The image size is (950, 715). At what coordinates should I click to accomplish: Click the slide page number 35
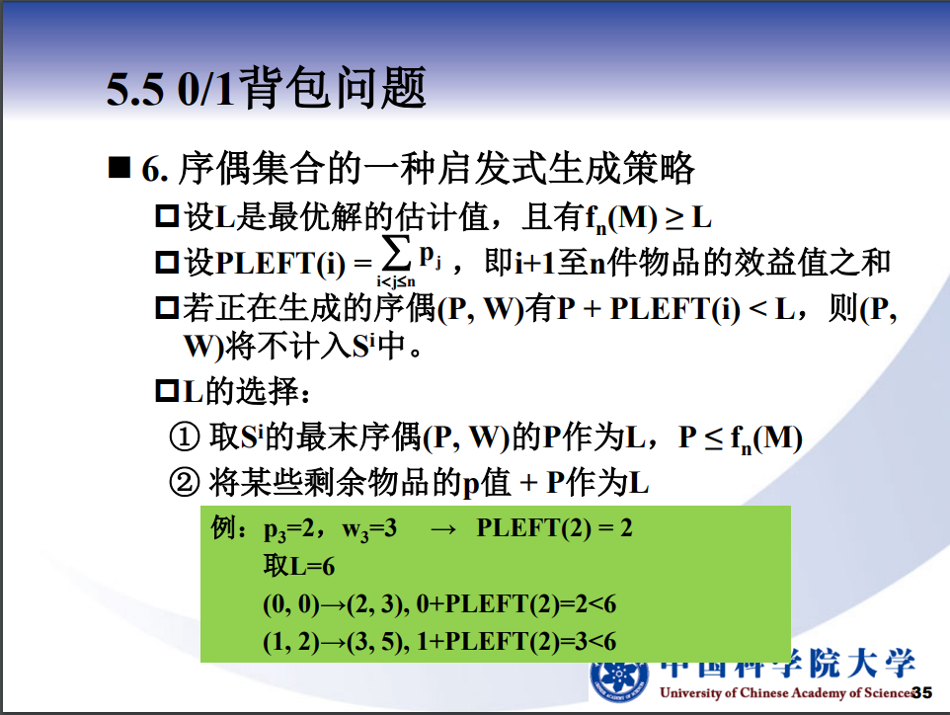[x=922, y=692]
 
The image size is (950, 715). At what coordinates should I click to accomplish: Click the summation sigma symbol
[x=396, y=255]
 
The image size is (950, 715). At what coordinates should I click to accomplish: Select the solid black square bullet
[x=119, y=167]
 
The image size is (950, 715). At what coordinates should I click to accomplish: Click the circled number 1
[x=185, y=437]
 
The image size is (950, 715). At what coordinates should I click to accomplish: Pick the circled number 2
[x=185, y=483]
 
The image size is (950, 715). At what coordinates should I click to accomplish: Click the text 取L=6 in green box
[x=298, y=566]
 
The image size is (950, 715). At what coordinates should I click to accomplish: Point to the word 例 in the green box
[x=223, y=527]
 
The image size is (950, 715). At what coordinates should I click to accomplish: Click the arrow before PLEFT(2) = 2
[x=442, y=529]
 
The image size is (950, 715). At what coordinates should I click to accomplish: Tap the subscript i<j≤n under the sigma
[x=396, y=281]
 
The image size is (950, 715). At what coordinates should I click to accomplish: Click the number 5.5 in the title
[x=135, y=90]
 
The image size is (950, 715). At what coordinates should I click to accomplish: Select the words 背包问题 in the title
[x=333, y=88]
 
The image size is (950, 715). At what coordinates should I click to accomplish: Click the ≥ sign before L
[x=674, y=218]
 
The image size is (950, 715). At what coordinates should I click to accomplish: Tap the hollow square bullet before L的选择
[x=167, y=391]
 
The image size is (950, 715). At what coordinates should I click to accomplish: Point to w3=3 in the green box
[x=369, y=529]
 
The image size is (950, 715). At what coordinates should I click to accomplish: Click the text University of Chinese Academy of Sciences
[x=786, y=692]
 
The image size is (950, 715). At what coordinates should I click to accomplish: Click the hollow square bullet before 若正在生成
[x=167, y=308]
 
